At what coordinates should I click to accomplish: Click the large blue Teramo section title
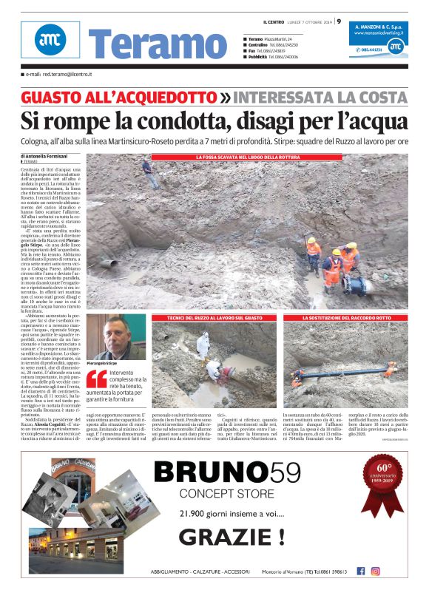click(147, 45)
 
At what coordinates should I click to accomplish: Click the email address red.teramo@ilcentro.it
click(58, 75)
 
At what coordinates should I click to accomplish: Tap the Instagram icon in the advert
click(376, 571)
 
